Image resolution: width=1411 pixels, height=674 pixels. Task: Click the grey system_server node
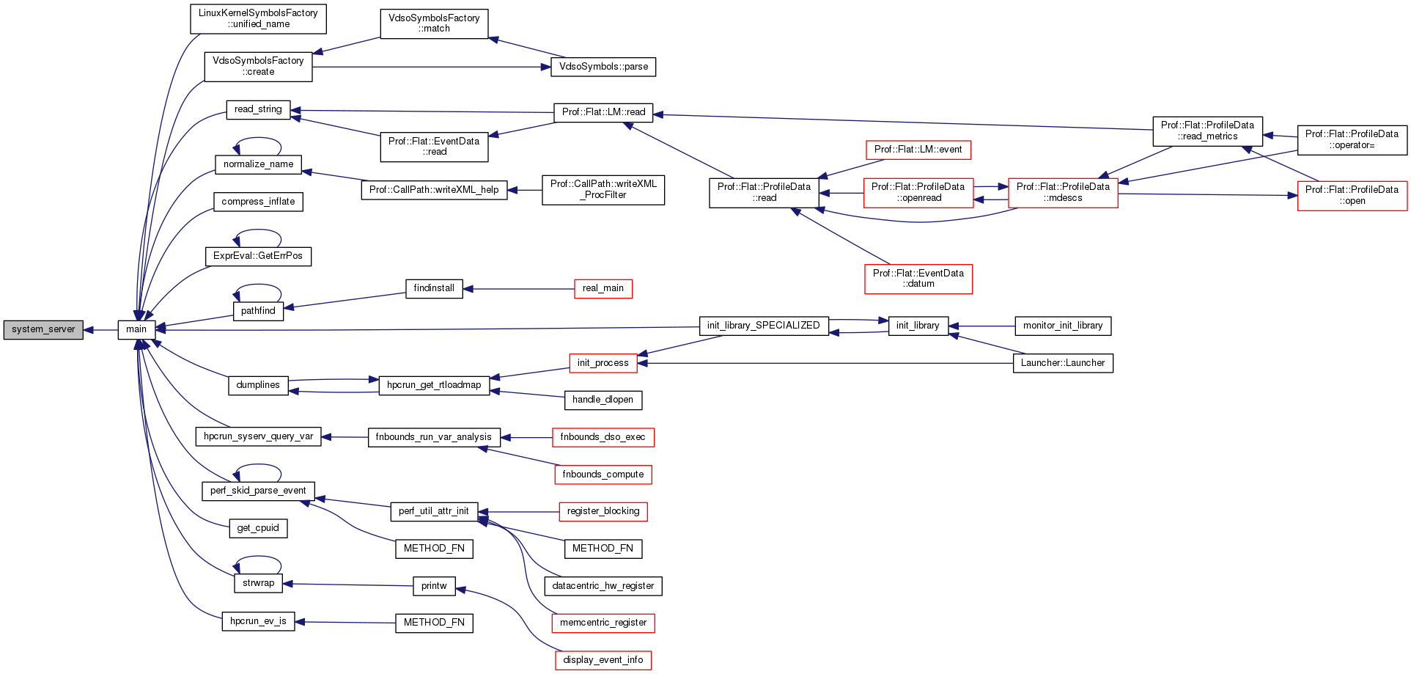[x=43, y=330]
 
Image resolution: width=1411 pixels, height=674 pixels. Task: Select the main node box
[x=136, y=330]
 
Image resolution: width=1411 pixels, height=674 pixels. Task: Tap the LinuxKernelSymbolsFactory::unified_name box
[x=258, y=19]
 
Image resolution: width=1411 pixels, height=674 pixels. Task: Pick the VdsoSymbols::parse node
[x=603, y=67]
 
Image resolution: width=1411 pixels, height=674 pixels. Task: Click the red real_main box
[x=603, y=289]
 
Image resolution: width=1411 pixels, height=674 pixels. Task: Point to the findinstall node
[x=434, y=289]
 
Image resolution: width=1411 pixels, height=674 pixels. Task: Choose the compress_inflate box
[x=258, y=202]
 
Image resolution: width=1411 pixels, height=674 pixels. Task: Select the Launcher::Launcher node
[x=1063, y=363]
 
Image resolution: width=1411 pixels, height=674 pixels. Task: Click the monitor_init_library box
[x=1063, y=326]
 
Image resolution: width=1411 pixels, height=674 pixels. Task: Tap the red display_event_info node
[x=603, y=660]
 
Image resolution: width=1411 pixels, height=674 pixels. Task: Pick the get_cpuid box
[x=258, y=528]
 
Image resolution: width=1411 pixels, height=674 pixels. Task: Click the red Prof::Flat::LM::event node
[x=918, y=150]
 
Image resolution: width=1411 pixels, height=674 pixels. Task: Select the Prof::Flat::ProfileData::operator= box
[x=1352, y=140]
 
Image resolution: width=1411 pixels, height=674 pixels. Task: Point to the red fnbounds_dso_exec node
[x=603, y=437]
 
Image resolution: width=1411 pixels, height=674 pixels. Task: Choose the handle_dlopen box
[x=603, y=400]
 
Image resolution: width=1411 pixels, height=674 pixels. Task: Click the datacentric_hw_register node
[x=603, y=586]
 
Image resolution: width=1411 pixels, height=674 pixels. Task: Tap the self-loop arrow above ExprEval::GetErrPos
[x=258, y=232]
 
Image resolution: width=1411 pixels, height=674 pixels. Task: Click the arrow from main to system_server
[x=101, y=330]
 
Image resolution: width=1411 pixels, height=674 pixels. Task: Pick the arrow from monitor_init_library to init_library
[x=981, y=326]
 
